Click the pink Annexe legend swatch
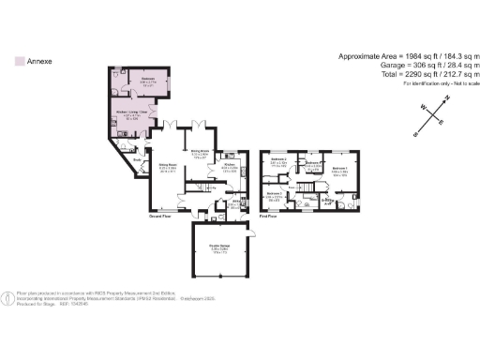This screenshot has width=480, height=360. pos(20,59)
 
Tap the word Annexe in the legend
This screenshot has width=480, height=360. pos(39,59)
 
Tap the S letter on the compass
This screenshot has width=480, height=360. pos(413,134)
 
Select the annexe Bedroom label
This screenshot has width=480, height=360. pos(142,79)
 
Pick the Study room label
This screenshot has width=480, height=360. pos(136,160)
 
